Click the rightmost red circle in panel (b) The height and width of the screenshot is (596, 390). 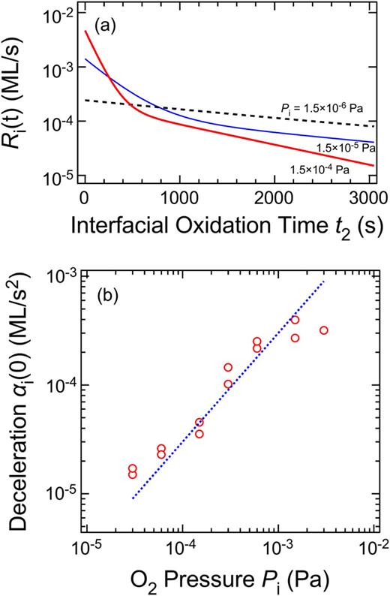[323, 330]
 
